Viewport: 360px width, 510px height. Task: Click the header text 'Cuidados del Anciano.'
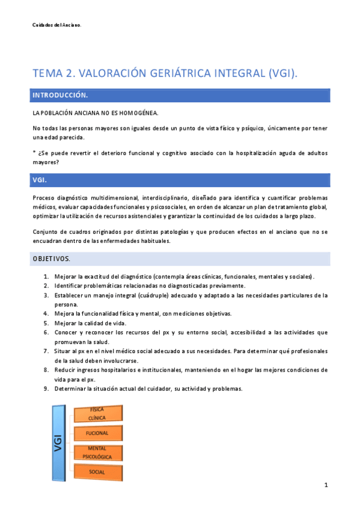56,25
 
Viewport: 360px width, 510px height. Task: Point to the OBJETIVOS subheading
51,259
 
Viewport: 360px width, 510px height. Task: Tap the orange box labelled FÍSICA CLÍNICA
97,413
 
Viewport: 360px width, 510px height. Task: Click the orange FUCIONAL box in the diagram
97,433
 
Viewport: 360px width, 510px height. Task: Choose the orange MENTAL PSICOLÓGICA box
97,452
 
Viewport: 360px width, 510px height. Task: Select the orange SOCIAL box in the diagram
97,472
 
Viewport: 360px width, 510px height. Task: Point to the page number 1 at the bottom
325,485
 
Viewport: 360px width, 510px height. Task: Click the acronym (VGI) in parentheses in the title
281,74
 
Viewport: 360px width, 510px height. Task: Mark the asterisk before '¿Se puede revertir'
34,152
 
